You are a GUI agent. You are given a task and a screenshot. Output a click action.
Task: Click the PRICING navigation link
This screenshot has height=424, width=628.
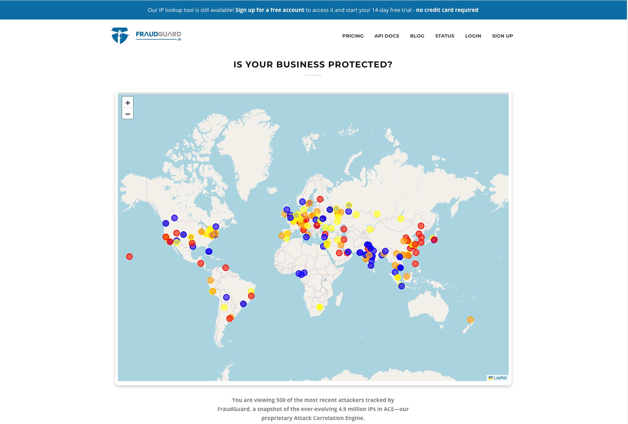(x=353, y=36)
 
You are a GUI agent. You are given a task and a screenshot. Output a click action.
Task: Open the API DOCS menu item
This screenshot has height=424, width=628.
(x=386, y=36)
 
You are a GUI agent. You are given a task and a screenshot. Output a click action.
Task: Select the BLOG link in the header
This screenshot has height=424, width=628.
(x=417, y=36)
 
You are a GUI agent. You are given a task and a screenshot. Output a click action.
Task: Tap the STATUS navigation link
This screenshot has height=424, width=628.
(x=445, y=36)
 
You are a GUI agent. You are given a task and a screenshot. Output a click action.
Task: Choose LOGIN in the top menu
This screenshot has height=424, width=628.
(x=473, y=36)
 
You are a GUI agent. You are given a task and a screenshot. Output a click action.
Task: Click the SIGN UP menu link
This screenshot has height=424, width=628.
(x=502, y=36)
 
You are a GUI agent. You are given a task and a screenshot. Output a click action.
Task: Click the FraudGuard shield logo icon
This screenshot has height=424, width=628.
(x=120, y=35)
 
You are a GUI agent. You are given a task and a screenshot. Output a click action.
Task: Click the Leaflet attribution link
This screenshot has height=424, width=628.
(x=500, y=378)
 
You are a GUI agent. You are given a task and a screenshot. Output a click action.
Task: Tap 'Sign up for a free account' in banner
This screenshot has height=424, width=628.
(x=270, y=10)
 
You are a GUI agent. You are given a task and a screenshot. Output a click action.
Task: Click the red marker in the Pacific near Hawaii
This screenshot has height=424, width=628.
(x=129, y=257)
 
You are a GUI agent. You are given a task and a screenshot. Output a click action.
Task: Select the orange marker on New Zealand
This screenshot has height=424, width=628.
(x=470, y=320)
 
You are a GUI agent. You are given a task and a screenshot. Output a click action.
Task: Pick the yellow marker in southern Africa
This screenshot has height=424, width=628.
(x=319, y=307)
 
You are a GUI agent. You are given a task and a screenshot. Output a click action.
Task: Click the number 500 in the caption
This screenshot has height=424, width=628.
(x=281, y=400)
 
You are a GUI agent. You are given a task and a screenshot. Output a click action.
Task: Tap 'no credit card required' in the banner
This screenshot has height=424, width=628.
(x=447, y=10)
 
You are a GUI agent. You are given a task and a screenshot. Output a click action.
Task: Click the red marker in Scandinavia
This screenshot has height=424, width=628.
(x=320, y=199)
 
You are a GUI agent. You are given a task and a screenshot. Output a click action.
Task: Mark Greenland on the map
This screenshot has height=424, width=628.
(x=249, y=144)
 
